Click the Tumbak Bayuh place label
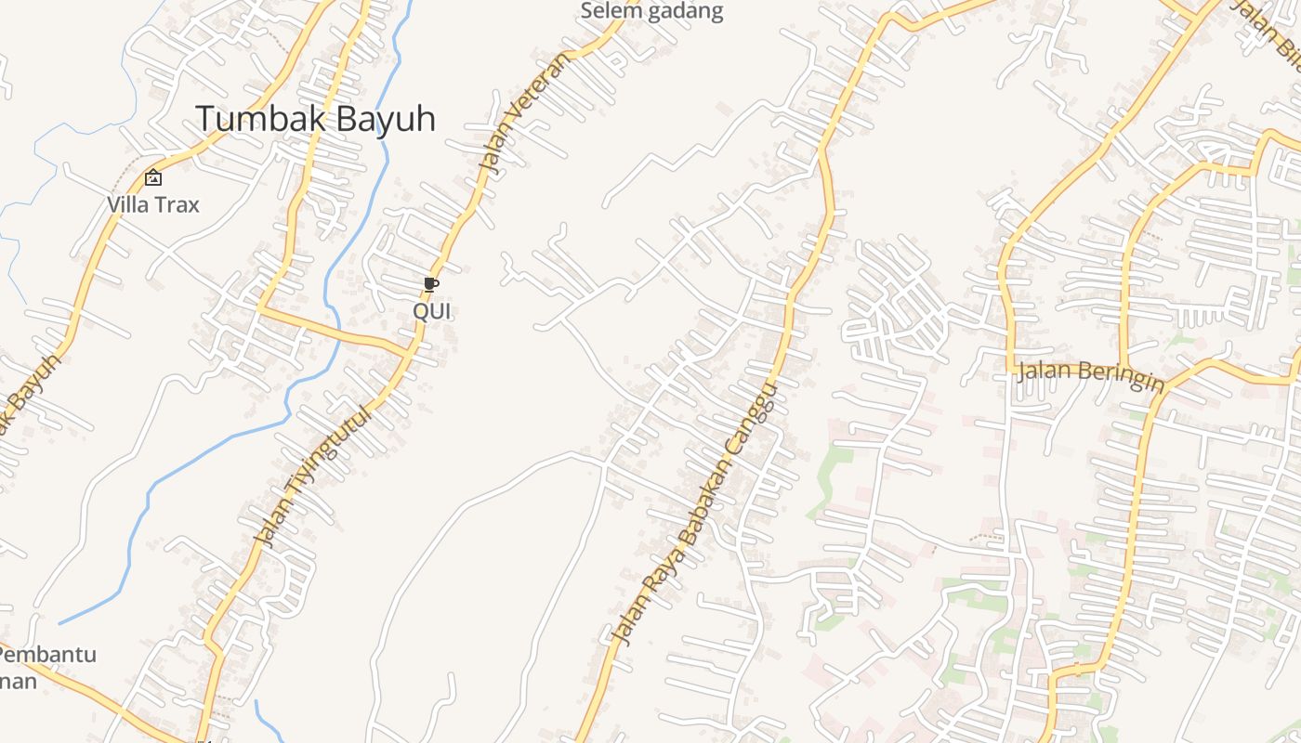315,119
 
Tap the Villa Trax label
152,204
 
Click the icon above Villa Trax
152,177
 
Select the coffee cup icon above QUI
430,284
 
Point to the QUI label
432,311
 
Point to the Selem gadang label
650,11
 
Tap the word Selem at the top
607,11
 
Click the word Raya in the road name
657,581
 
